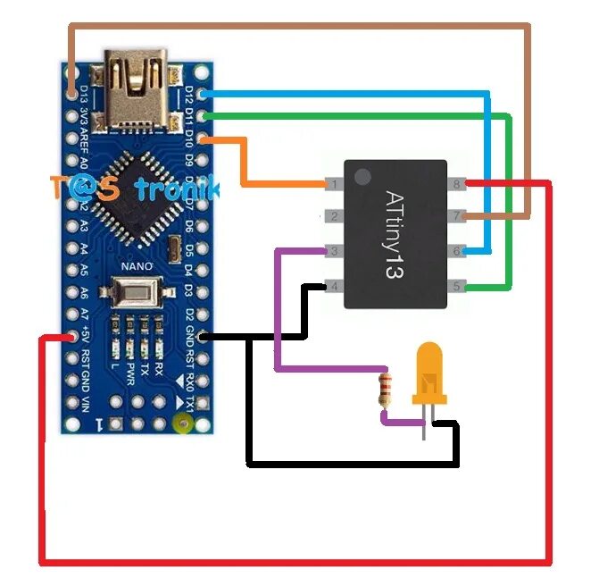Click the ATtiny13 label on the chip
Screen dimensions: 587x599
point(395,233)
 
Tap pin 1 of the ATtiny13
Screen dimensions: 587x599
point(332,185)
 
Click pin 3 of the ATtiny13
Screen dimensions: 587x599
point(332,252)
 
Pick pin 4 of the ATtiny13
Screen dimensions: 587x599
point(332,287)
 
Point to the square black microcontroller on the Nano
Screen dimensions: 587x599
point(130,200)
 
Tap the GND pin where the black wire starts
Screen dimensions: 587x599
point(205,337)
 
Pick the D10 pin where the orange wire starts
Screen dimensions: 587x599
point(205,138)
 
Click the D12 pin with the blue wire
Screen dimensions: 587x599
point(205,93)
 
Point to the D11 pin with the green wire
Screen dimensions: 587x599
point(205,115)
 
